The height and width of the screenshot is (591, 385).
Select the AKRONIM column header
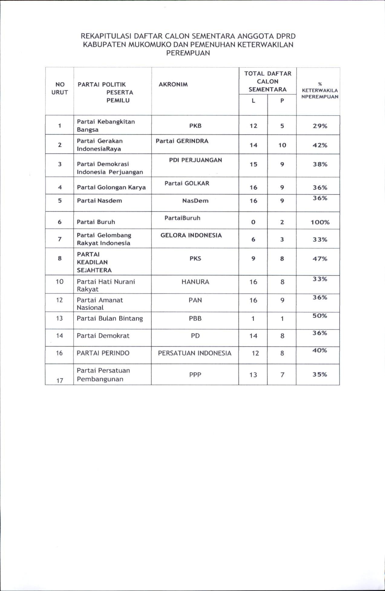click(173, 85)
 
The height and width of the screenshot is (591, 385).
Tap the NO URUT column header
click(60, 88)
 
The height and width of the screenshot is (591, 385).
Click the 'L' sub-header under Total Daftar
click(253, 101)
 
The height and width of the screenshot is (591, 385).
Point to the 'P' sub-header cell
click(282, 101)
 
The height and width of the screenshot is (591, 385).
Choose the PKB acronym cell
click(195, 126)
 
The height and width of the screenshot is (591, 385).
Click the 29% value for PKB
click(320, 126)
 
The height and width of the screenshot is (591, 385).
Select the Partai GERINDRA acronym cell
click(182, 141)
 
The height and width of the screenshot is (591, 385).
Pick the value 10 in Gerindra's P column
click(282, 145)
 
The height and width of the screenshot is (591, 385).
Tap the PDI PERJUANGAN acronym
click(195, 160)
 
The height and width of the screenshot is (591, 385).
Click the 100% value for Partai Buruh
click(320, 222)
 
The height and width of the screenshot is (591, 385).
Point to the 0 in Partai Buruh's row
click(253, 222)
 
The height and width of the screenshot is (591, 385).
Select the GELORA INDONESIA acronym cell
click(191, 235)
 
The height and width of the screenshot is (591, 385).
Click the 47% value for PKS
click(320, 259)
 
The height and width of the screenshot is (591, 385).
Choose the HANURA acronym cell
click(195, 282)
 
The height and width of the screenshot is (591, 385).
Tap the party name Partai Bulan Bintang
click(109, 318)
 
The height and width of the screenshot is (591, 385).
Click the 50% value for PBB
click(320, 316)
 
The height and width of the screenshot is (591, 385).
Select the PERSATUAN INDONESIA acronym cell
click(194, 353)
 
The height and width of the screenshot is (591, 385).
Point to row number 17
click(60, 380)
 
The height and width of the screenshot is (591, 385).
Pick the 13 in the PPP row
click(253, 375)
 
